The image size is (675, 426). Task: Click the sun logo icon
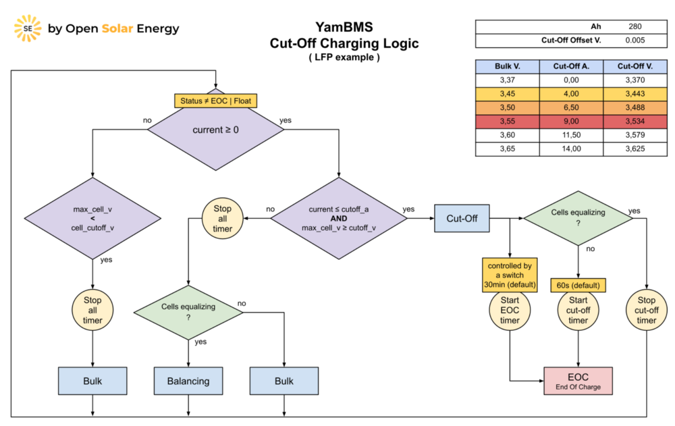point(28,28)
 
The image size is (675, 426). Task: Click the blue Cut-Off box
point(461,218)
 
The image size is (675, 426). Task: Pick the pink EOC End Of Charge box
point(578,380)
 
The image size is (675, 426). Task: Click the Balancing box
point(188,381)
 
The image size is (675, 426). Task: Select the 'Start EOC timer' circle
point(510,311)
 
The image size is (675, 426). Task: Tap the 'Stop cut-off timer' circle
point(646,311)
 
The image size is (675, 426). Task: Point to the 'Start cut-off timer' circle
point(578,311)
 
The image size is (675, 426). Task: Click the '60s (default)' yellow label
point(578,285)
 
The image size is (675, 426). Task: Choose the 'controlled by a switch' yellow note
point(510,275)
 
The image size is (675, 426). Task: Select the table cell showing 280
point(634,27)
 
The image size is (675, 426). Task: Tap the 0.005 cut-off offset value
point(634,41)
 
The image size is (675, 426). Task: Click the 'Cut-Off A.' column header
point(572,66)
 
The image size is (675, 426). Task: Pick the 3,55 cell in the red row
point(507,122)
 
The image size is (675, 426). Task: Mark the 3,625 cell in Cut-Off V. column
point(634,149)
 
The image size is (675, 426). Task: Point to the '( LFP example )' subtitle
point(344,57)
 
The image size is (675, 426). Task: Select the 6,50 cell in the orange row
point(572,108)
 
